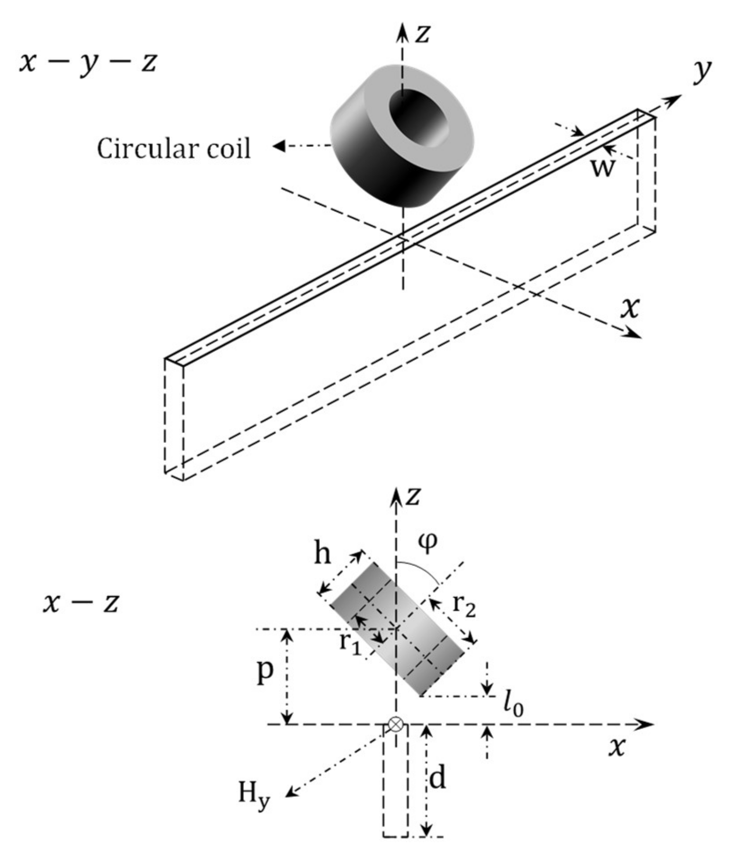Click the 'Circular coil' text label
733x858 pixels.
(x=174, y=149)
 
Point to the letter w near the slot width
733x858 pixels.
(x=602, y=167)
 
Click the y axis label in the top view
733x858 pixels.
(x=701, y=71)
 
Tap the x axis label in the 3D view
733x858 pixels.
(x=630, y=308)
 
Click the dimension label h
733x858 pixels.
(x=322, y=553)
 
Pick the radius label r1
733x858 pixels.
(x=350, y=643)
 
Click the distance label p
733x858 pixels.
(x=265, y=672)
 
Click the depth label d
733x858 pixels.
(x=437, y=778)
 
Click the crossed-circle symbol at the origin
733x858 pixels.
(x=395, y=724)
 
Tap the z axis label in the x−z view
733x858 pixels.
(x=413, y=496)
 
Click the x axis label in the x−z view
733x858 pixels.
(x=616, y=747)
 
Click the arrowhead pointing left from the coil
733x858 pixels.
(x=279, y=146)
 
